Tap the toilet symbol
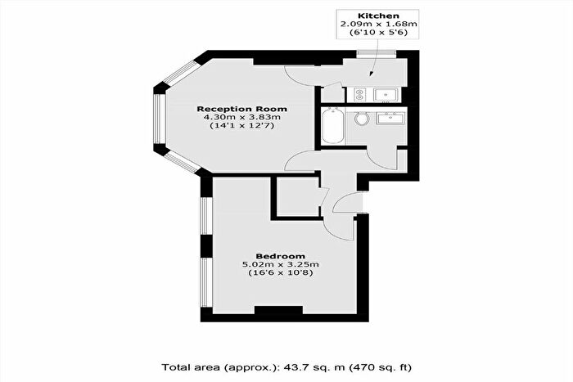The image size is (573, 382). [361, 120]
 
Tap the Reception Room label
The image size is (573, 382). [241, 108]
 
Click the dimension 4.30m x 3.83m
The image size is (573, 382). [241, 118]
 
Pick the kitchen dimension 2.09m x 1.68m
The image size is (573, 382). [368, 25]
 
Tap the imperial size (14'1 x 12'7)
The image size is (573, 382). [241, 127]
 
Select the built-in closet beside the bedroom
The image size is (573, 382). [296, 197]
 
